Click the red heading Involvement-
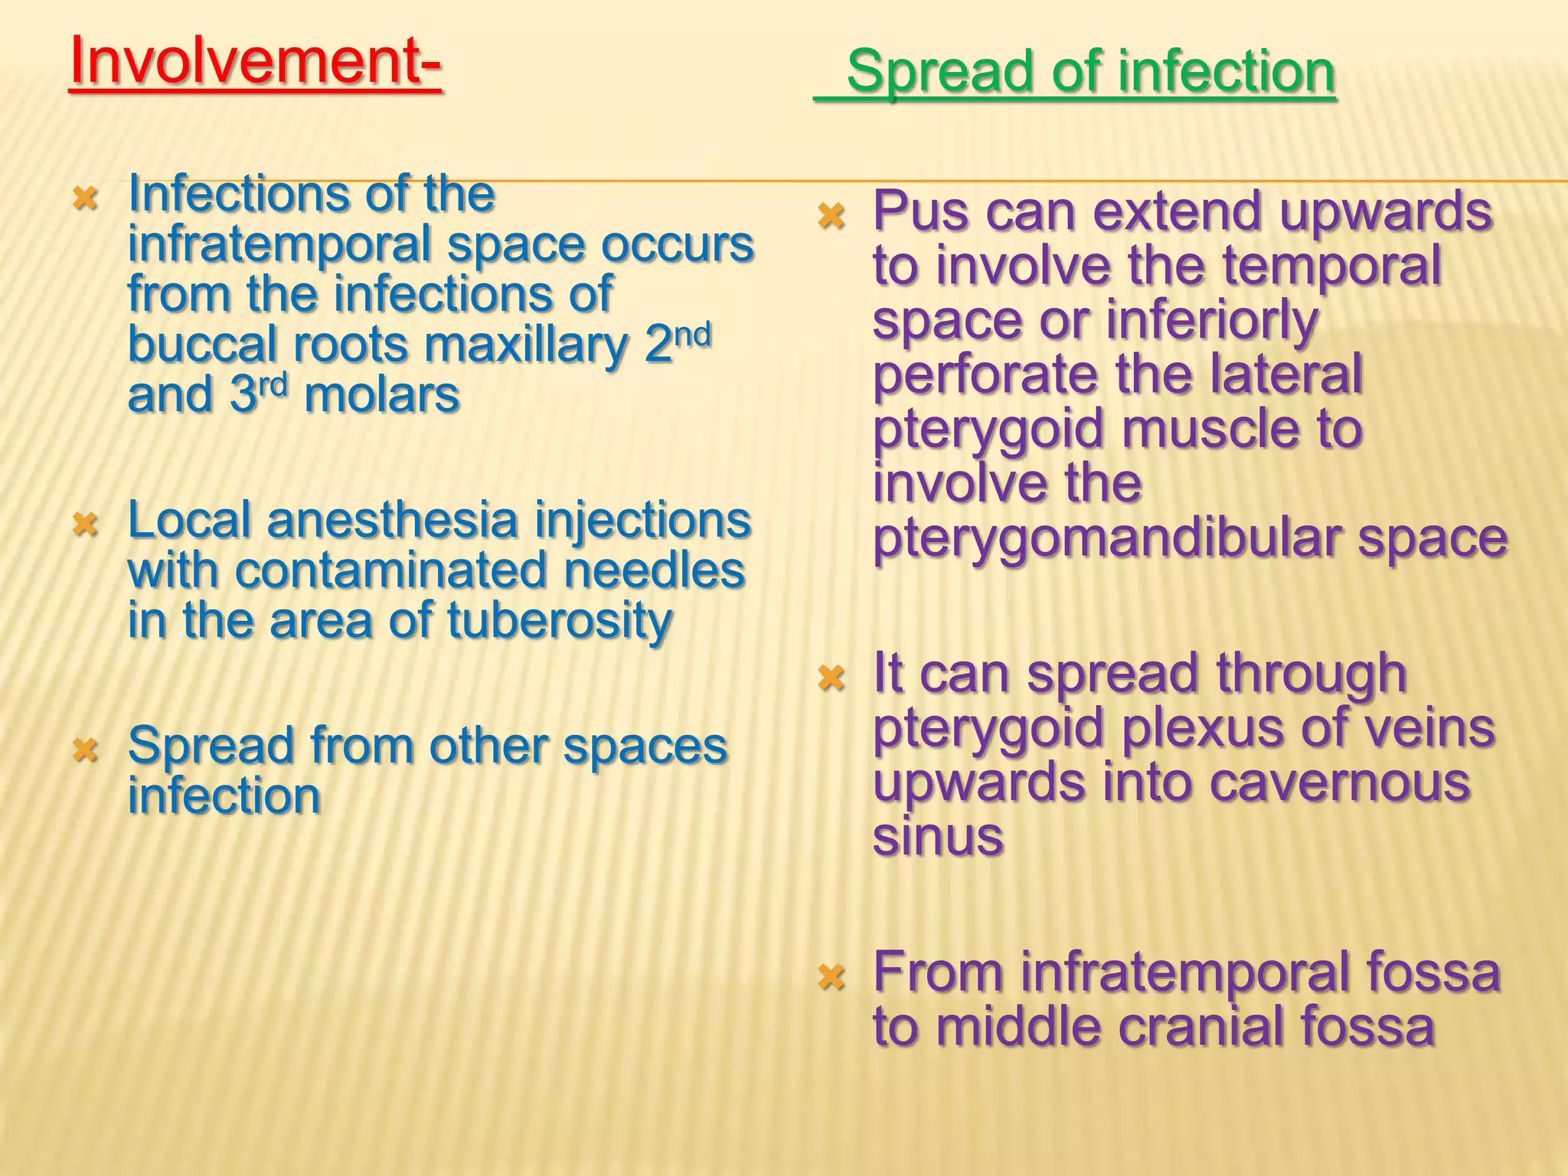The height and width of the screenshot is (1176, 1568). click(x=255, y=63)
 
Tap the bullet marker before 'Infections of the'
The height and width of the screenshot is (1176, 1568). click(x=84, y=200)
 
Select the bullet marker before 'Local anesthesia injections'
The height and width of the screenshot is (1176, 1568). click(x=84, y=525)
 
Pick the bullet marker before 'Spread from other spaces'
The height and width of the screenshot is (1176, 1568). click(x=84, y=750)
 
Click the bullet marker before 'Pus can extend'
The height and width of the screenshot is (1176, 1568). click(x=831, y=217)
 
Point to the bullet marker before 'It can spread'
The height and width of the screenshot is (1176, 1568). click(x=831, y=678)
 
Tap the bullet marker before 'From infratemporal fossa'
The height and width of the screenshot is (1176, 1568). click(x=831, y=978)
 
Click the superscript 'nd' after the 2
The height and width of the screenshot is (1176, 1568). click(x=692, y=335)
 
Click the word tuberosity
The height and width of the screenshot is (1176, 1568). click(x=559, y=621)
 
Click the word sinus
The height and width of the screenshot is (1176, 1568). click(x=937, y=836)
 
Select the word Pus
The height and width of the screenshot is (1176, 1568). click(x=921, y=211)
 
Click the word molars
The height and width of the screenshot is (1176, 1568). click(x=381, y=396)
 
